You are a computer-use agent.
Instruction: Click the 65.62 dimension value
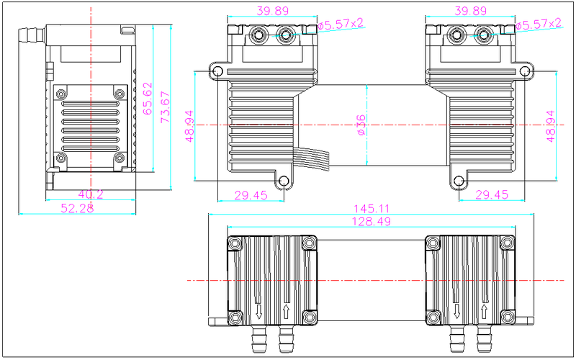click(148, 99)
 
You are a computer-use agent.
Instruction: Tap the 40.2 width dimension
click(90, 193)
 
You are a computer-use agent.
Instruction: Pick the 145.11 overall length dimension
click(369, 209)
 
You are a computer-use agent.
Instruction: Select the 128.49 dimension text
click(369, 222)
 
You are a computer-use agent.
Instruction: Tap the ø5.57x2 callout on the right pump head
click(538, 24)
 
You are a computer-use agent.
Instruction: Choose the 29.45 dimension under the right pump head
click(492, 194)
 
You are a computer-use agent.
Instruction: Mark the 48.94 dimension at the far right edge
click(551, 127)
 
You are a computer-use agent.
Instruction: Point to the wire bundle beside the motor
click(310, 161)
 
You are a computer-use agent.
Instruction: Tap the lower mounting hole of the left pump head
click(284, 181)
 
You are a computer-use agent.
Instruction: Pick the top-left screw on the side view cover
click(61, 94)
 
